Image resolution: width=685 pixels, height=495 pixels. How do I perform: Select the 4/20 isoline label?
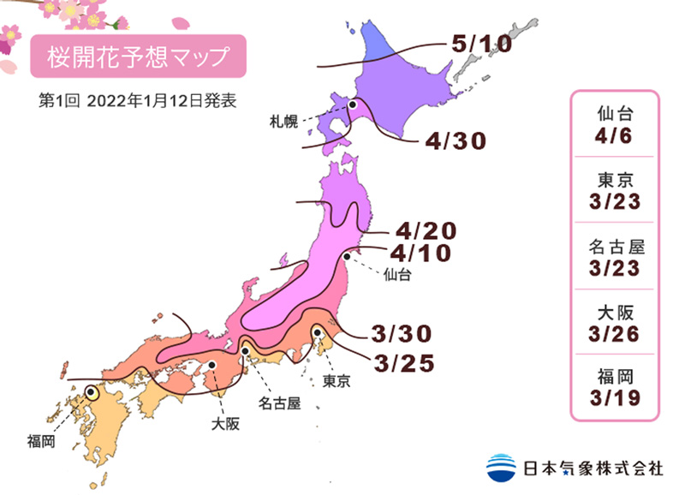[x=426, y=231]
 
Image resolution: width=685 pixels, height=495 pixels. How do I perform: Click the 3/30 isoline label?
[x=404, y=332]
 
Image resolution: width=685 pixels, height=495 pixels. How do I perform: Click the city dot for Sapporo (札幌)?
[x=353, y=104]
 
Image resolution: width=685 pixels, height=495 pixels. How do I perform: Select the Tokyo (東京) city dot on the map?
[x=317, y=332]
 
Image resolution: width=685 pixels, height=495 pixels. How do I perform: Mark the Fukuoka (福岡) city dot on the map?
[x=92, y=393]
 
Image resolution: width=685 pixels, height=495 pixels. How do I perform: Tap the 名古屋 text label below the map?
[x=280, y=402]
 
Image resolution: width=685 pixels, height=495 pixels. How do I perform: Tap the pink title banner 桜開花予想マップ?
[x=138, y=57]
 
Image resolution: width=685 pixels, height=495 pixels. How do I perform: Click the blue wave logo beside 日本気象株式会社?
[x=503, y=468]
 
